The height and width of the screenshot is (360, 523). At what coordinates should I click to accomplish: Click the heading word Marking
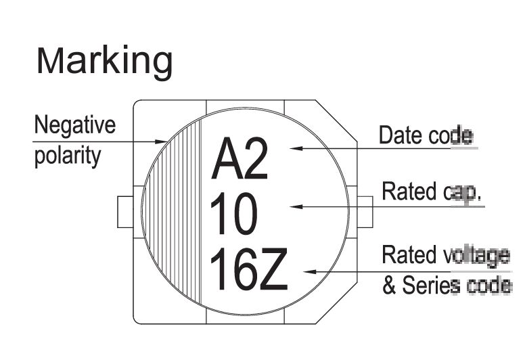tap(104, 62)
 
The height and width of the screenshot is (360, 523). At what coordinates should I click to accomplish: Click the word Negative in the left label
tap(75, 125)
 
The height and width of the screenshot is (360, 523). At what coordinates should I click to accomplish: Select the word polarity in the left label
tap(67, 156)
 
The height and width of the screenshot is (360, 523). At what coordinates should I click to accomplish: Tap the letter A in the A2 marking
tap(227, 160)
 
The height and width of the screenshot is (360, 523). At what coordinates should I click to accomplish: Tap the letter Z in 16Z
tap(274, 269)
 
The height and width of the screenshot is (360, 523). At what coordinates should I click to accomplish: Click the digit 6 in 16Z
tap(245, 269)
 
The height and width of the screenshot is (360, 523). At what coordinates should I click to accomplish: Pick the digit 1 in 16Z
tap(219, 269)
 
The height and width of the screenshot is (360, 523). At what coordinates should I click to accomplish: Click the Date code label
tap(424, 135)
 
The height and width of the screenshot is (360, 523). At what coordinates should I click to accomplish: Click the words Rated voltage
tap(445, 256)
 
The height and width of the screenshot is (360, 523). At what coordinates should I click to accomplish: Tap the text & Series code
tap(447, 286)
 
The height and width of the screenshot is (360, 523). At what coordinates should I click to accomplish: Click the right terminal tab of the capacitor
tap(365, 212)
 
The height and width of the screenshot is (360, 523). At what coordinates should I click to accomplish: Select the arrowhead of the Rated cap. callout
tap(295, 206)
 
